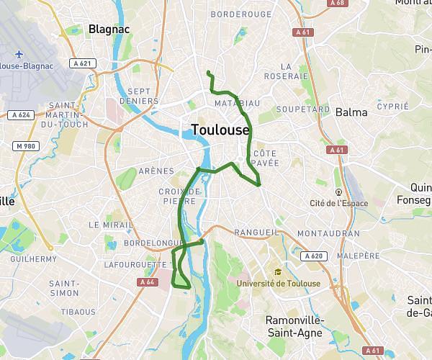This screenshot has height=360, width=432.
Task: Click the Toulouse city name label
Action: (220, 130)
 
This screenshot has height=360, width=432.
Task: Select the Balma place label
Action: (351, 112)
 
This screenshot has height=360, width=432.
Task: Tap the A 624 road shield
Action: (19, 114)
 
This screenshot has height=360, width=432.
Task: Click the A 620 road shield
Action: (313, 256)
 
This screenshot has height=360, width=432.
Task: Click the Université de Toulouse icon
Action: (277, 272)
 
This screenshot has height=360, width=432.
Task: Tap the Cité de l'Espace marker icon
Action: (338, 192)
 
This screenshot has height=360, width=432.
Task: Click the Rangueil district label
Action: (256, 233)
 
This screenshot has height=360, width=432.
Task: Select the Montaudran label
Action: (328, 234)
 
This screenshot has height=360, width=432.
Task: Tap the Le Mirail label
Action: (108, 225)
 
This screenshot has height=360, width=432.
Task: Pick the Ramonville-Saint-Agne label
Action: (294, 325)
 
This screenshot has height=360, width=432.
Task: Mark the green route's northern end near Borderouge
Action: (208, 73)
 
